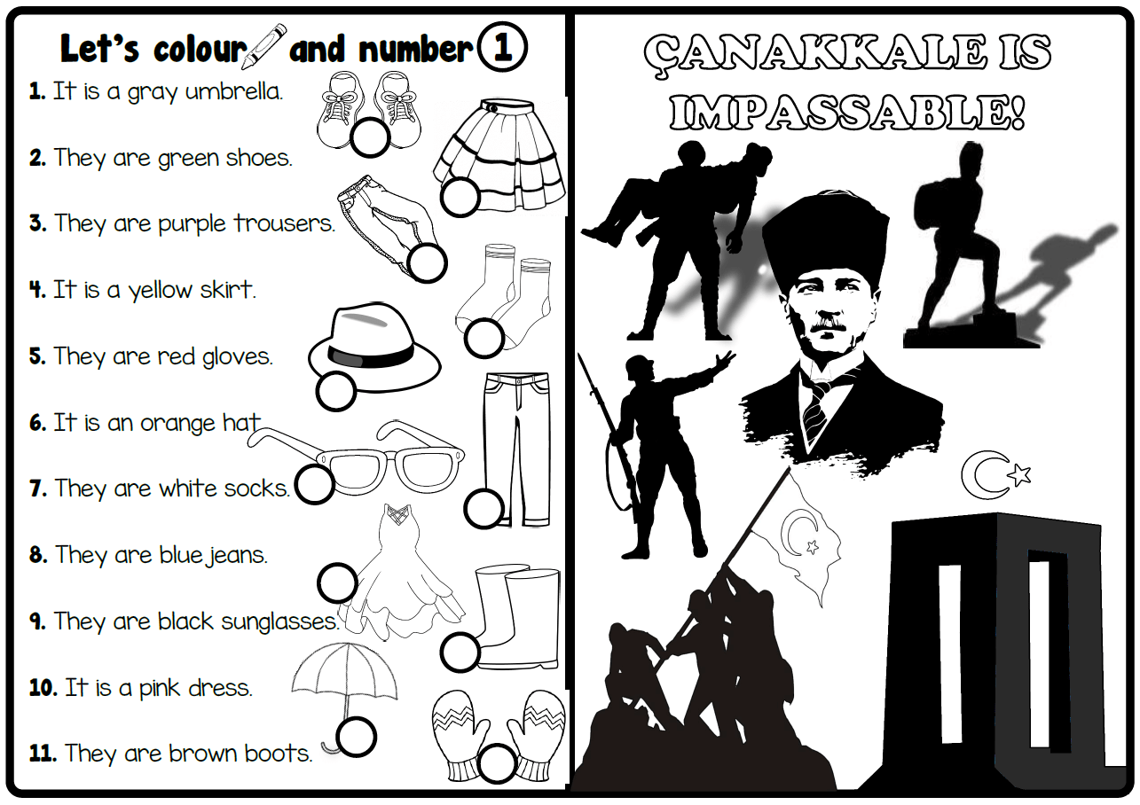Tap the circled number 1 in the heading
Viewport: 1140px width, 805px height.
tap(502, 48)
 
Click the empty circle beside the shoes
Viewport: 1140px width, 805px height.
tap(369, 137)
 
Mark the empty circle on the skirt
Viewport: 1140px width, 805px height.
tap(460, 196)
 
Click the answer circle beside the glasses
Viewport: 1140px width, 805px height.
tap(314, 484)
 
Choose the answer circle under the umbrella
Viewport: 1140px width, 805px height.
tap(357, 736)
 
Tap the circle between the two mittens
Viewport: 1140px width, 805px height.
tap(497, 761)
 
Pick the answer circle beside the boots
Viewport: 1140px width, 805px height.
tap(460, 652)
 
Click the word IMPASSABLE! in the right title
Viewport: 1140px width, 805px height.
tap(847, 113)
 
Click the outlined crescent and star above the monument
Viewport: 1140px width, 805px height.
tap(996, 475)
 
